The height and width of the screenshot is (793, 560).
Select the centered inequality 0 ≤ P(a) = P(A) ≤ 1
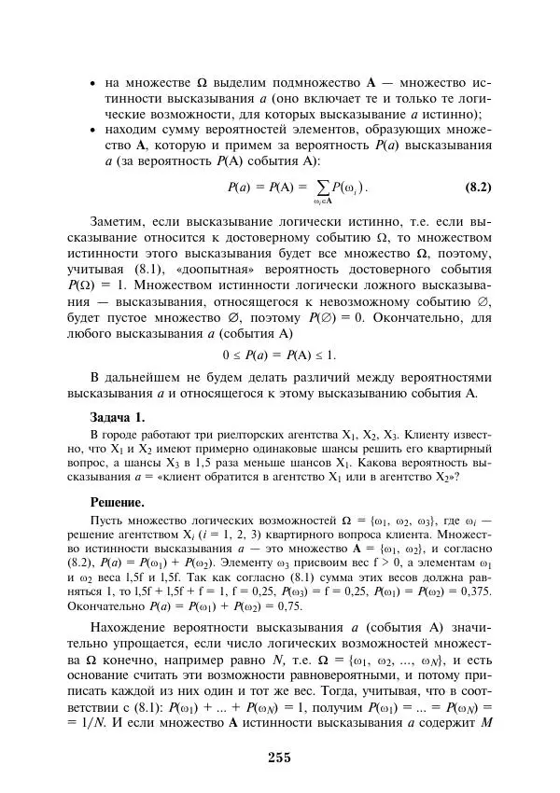(x=279, y=355)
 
